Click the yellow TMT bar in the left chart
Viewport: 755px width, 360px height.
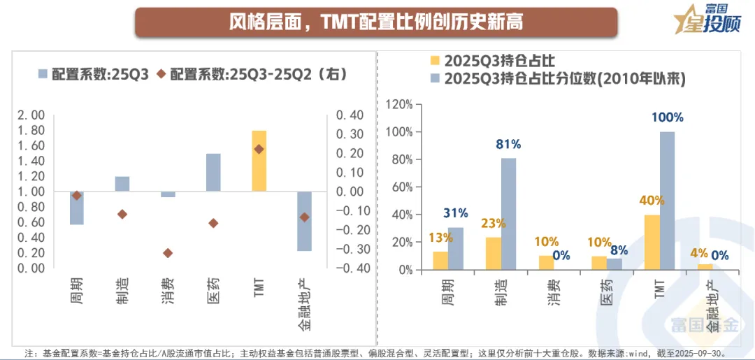click(x=259, y=161)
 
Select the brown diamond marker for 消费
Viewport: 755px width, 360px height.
click(x=168, y=253)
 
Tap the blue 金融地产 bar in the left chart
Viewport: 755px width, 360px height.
click(x=304, y=221)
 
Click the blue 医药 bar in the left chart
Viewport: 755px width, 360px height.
click(x=213, y=172)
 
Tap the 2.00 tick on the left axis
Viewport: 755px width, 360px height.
click(x=31, y=115)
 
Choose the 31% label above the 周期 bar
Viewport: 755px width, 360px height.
click(x=455, y=213)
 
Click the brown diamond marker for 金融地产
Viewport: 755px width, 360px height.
click(x=304, y=217)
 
